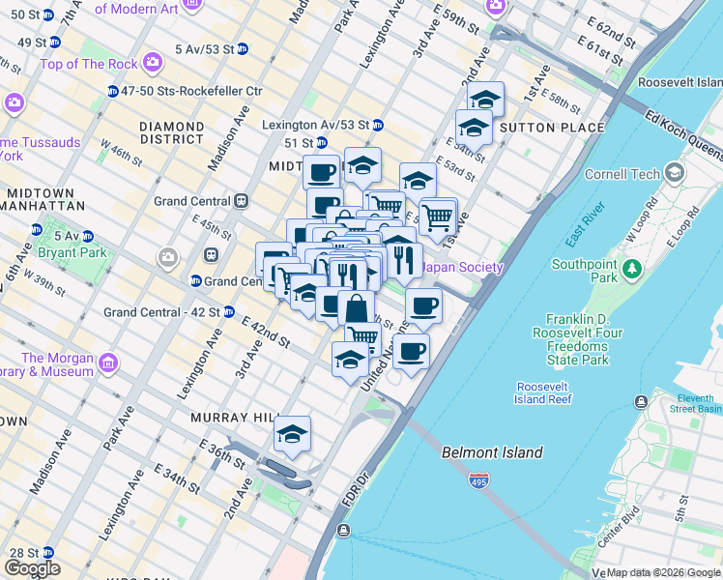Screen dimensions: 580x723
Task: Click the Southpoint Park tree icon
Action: tap(634, 267)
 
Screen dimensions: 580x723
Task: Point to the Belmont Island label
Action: tap(492, 452)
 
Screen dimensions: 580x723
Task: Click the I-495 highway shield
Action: tap(477, 479)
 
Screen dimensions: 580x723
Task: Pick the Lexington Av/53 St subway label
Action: tap(317, 125)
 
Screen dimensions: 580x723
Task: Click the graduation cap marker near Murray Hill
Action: tap(292, 435)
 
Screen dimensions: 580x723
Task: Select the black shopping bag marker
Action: tap(356, 309)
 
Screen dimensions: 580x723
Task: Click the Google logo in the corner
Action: tap(31, 568)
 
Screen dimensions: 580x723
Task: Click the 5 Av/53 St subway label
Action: tap(205, 48)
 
